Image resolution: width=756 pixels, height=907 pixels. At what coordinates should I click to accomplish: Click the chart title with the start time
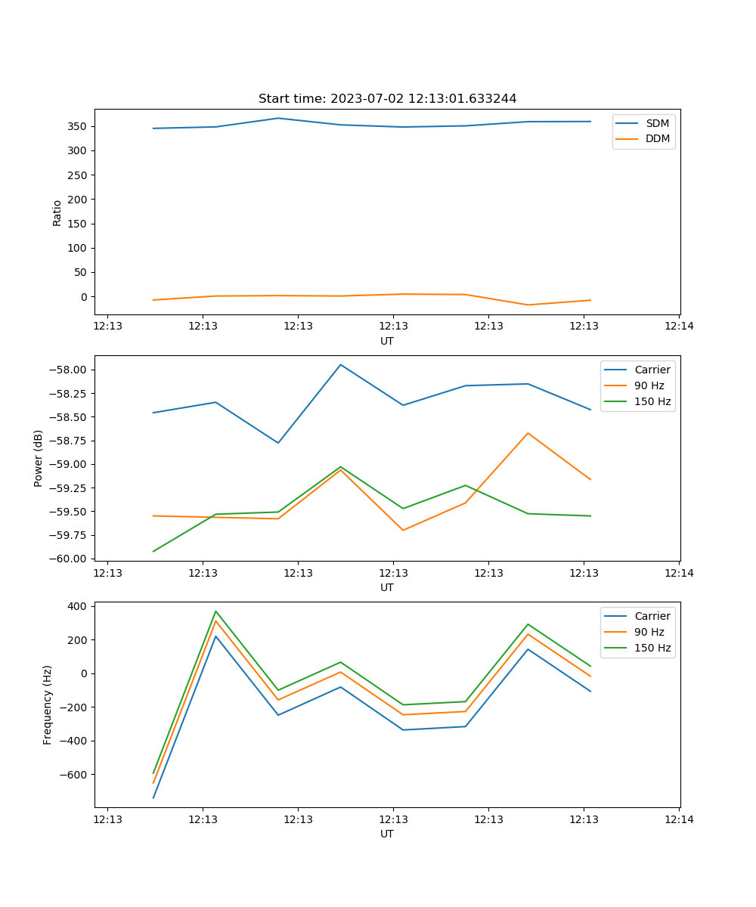pos(387,99)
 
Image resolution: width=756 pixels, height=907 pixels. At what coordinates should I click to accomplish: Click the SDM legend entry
pos(657,123)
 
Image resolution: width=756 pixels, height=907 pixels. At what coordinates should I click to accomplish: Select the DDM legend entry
pos(657,138)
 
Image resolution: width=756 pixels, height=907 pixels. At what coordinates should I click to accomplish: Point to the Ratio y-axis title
pos(57,212)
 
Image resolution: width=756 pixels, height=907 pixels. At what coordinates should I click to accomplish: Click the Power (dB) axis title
pos(39,458)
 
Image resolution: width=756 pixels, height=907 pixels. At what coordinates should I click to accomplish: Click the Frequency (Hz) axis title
pos(48,705)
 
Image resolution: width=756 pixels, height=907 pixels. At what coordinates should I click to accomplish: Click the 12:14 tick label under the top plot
pos(679,327)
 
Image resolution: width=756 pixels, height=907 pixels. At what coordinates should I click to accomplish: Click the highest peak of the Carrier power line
pos(341,365)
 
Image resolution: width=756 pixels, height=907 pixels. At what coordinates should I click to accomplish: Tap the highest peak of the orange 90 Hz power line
pos(528,433)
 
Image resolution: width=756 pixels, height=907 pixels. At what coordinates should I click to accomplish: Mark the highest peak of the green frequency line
pos(215,611)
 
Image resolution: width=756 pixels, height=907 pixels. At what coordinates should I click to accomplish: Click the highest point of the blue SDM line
pos(278,118)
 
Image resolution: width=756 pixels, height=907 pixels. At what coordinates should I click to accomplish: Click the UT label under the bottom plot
pos(387,834)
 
